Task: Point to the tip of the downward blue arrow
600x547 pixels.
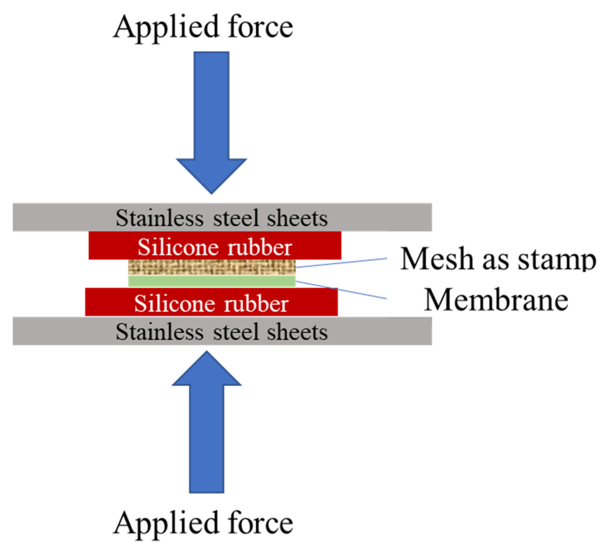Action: coord(212,193)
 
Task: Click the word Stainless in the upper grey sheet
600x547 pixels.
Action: coord(159,218)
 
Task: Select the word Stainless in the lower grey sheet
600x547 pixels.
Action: coord(159,332)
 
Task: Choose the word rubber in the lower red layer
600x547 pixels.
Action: coord(256,304)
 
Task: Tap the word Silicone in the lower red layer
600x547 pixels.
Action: coord(174,304)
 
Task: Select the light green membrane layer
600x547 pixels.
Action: coord(212,281)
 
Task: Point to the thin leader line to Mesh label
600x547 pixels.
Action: coord(342,263)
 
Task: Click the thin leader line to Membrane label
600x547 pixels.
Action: coord(342,290)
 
